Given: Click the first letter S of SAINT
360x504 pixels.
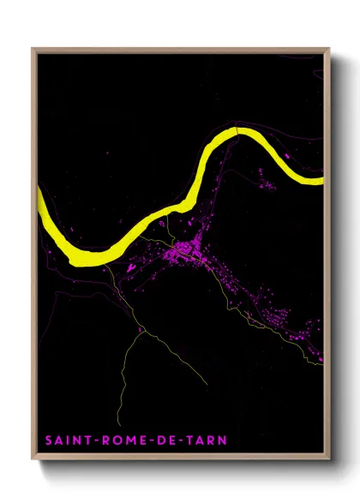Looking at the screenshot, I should [51, 441].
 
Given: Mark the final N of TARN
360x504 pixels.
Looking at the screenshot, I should [224, 441].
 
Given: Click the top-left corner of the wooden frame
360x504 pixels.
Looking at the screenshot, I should [33, 49].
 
